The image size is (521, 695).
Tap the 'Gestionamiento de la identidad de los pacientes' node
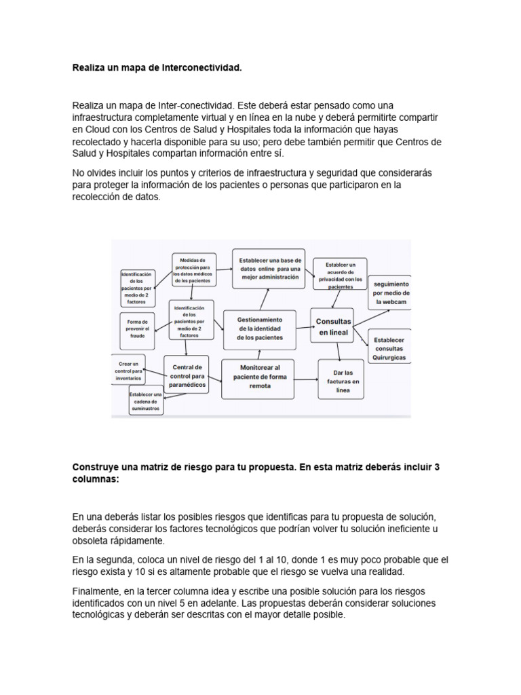click(260, 328)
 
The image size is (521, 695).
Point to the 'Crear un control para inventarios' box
click(129, 369)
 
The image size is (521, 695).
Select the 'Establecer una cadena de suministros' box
click(145, 400)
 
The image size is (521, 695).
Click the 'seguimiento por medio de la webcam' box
click(389, 292)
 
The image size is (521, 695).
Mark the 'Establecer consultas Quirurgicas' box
click(389, 346)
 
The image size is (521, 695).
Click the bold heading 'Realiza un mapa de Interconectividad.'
click(157, 69)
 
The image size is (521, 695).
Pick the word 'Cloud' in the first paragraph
click(96, 129)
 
